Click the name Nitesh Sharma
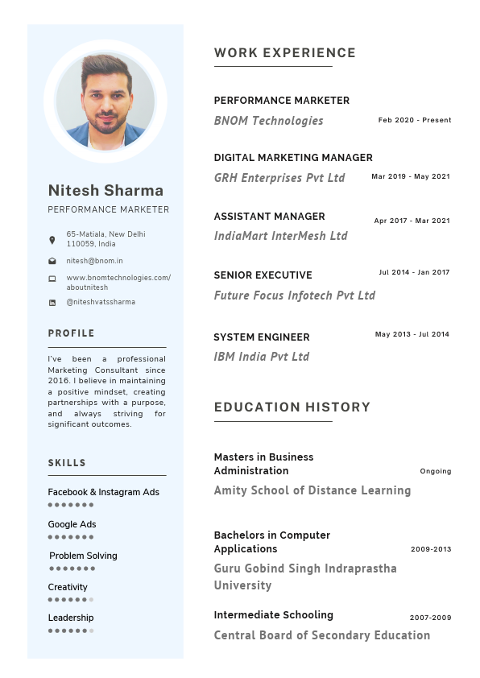point(106,191)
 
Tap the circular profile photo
point(106,101)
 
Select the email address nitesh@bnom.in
point(94,261)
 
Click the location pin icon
point(52,240)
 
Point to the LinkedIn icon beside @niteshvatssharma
point(52,303)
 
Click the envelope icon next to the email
point(52,261)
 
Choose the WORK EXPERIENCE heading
point(284,53)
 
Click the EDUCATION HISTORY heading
point(292,407)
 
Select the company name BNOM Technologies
point(268,121)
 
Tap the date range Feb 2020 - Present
point(415,120)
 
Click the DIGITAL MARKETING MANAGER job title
point(293,158)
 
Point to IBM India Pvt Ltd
point(261,357)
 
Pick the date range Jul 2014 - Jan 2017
point(414,272)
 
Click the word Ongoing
point(435,471)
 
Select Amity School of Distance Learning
point(312,490)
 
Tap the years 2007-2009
point(430,618)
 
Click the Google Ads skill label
point(72,524)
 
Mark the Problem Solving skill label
point(83,556)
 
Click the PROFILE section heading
point(71,333)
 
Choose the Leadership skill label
point(70,618)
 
